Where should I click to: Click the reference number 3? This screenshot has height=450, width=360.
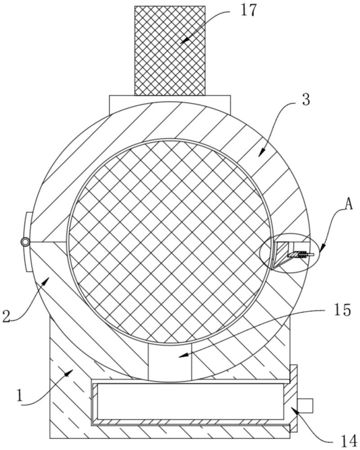coord(306,100)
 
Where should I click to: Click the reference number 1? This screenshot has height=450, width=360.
coord(19,396)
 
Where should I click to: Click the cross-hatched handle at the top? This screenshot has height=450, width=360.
coord(170,49)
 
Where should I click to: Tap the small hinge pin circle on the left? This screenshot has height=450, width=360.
coord(25,242)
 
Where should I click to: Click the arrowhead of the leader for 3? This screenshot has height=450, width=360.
coord(259,155)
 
